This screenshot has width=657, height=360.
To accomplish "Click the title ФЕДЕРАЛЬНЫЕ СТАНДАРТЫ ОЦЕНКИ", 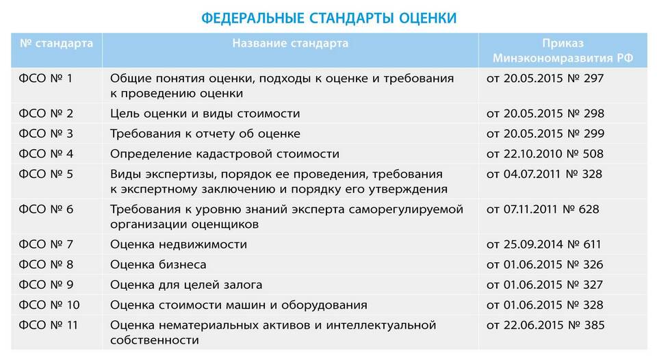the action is point(329,18).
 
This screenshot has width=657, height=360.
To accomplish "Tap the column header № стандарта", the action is point(57,43).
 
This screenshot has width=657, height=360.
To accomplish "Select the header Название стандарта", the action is point(290,43).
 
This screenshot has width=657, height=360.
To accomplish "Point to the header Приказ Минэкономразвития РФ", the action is point(563,50).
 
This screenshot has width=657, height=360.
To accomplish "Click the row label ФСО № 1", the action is point(46,79).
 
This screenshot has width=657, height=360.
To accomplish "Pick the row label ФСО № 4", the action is point(46,154).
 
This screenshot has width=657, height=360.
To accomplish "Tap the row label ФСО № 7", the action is point(46,244).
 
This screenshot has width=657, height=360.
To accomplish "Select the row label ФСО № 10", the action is point(49,305).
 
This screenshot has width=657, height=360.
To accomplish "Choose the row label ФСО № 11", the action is point(49,325).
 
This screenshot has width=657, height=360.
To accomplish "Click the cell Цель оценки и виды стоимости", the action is point(205,114).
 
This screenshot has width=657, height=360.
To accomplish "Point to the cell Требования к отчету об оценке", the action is point(205,133).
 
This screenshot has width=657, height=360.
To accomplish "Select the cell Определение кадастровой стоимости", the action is point(224,154).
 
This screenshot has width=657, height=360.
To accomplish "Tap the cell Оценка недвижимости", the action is point(179,244).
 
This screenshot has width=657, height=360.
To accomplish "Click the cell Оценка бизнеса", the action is point(158,264).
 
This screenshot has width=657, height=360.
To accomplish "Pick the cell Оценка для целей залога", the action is point(186,285).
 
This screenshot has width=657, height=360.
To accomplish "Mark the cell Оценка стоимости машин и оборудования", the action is point(239,305).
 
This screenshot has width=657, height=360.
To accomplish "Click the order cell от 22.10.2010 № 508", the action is point(545,154).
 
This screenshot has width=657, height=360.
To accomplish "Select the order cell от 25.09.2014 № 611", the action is point(544,244).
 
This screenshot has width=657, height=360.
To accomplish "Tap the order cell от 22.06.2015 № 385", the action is point(545,325).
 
